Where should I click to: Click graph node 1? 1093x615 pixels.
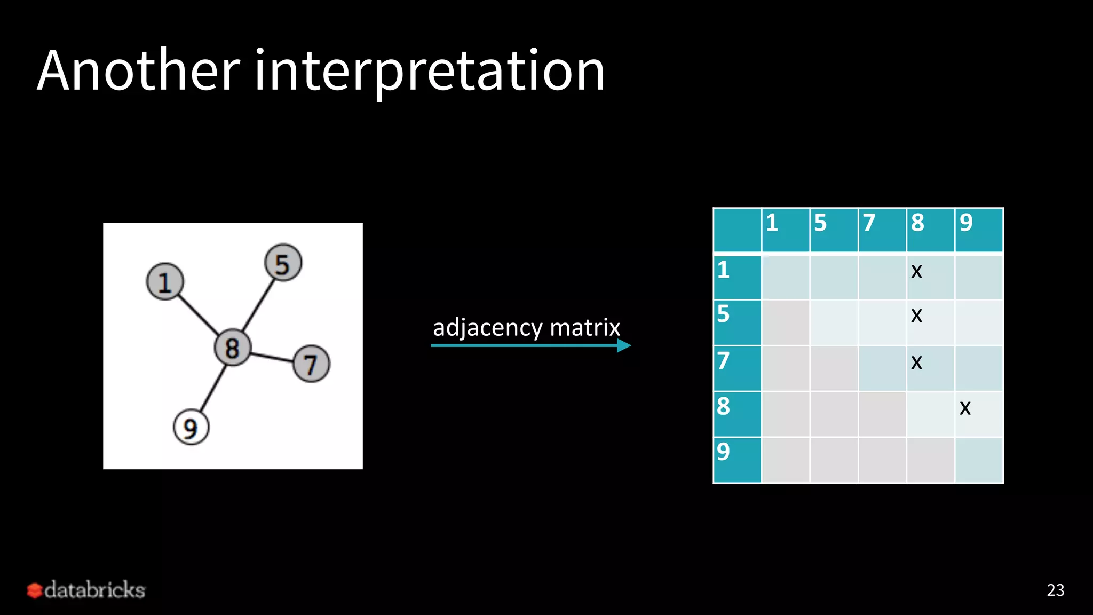[165, 281]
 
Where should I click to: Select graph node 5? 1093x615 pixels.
[283, 263]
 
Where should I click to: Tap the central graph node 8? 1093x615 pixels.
[232, 348]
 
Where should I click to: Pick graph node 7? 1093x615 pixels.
[311, 364]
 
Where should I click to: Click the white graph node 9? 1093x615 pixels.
[191, 427]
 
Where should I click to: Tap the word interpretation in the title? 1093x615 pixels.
[430, 72]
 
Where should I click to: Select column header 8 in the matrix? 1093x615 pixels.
[917, 223]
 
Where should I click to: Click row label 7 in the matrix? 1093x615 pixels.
[723, 361]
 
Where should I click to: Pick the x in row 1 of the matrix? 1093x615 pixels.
[916, 272]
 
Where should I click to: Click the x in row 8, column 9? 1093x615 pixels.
[965, 408]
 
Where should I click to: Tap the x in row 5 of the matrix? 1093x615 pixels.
[916, 316]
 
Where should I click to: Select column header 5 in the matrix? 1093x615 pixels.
[820, 223]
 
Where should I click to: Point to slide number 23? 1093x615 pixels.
[1055, 590]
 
